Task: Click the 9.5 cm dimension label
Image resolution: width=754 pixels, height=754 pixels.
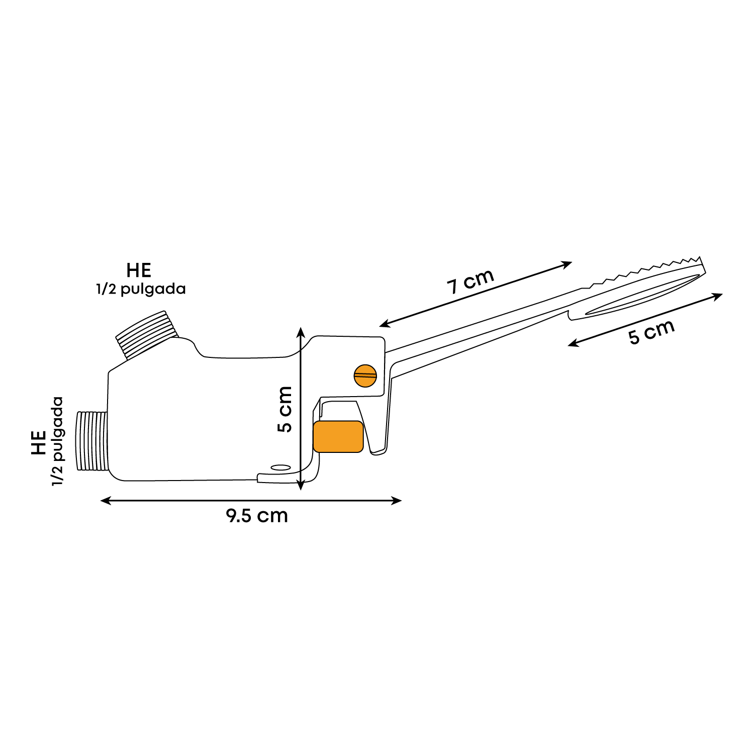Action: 257,516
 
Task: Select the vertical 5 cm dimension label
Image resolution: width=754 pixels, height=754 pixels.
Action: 285,409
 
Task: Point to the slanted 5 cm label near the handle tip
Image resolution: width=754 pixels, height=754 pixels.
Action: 651,332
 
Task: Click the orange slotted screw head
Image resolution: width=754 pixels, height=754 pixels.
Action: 365,375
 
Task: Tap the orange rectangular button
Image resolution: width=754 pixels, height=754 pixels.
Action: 338,436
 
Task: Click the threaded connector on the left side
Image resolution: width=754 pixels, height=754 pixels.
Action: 92,441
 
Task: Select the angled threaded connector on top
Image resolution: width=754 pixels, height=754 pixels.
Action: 148,334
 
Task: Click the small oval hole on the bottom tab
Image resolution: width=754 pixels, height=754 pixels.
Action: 280,467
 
